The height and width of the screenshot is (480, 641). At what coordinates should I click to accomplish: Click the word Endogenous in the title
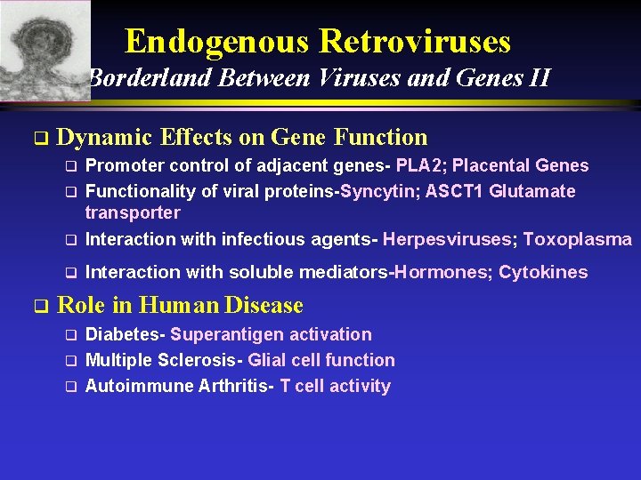(x=218, y=41)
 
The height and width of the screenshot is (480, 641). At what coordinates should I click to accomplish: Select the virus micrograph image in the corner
(x=45, y=49)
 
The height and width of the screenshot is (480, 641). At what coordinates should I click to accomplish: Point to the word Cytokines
(x=543, y=272)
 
